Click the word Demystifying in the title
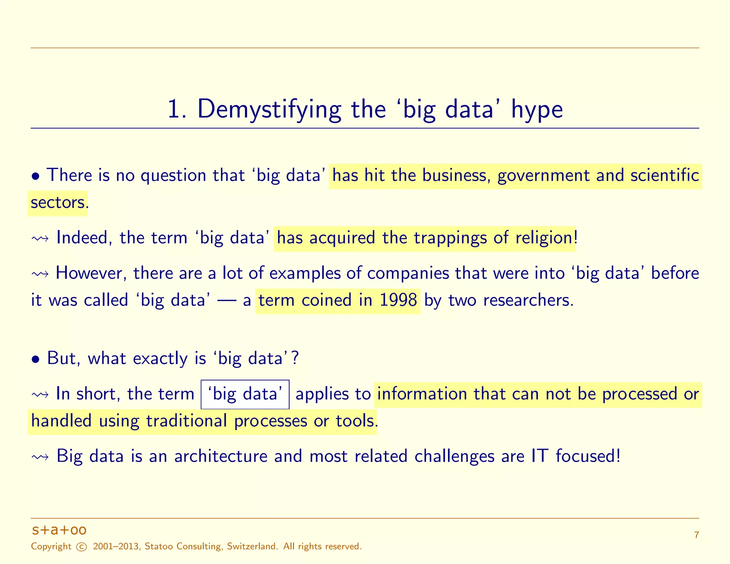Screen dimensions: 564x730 click(x=269, y=109)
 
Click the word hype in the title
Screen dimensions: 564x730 click(x=537, y=110)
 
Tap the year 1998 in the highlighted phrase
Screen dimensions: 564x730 click(x=398, y=300)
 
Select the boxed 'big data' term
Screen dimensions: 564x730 click(x=245, y=394)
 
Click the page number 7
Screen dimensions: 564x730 click(x=696, y=535)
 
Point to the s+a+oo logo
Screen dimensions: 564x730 click(x=59, y=530)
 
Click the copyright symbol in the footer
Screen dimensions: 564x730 click(x=82, y=547)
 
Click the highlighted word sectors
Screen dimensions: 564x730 click(x=57, y=202)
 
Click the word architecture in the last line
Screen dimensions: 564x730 click(x=221, y=456)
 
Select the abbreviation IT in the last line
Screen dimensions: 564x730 click(x=539, y=456)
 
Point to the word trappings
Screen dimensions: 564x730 click(x=434, y=238)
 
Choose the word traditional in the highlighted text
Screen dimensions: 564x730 click(x=186, y=421)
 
